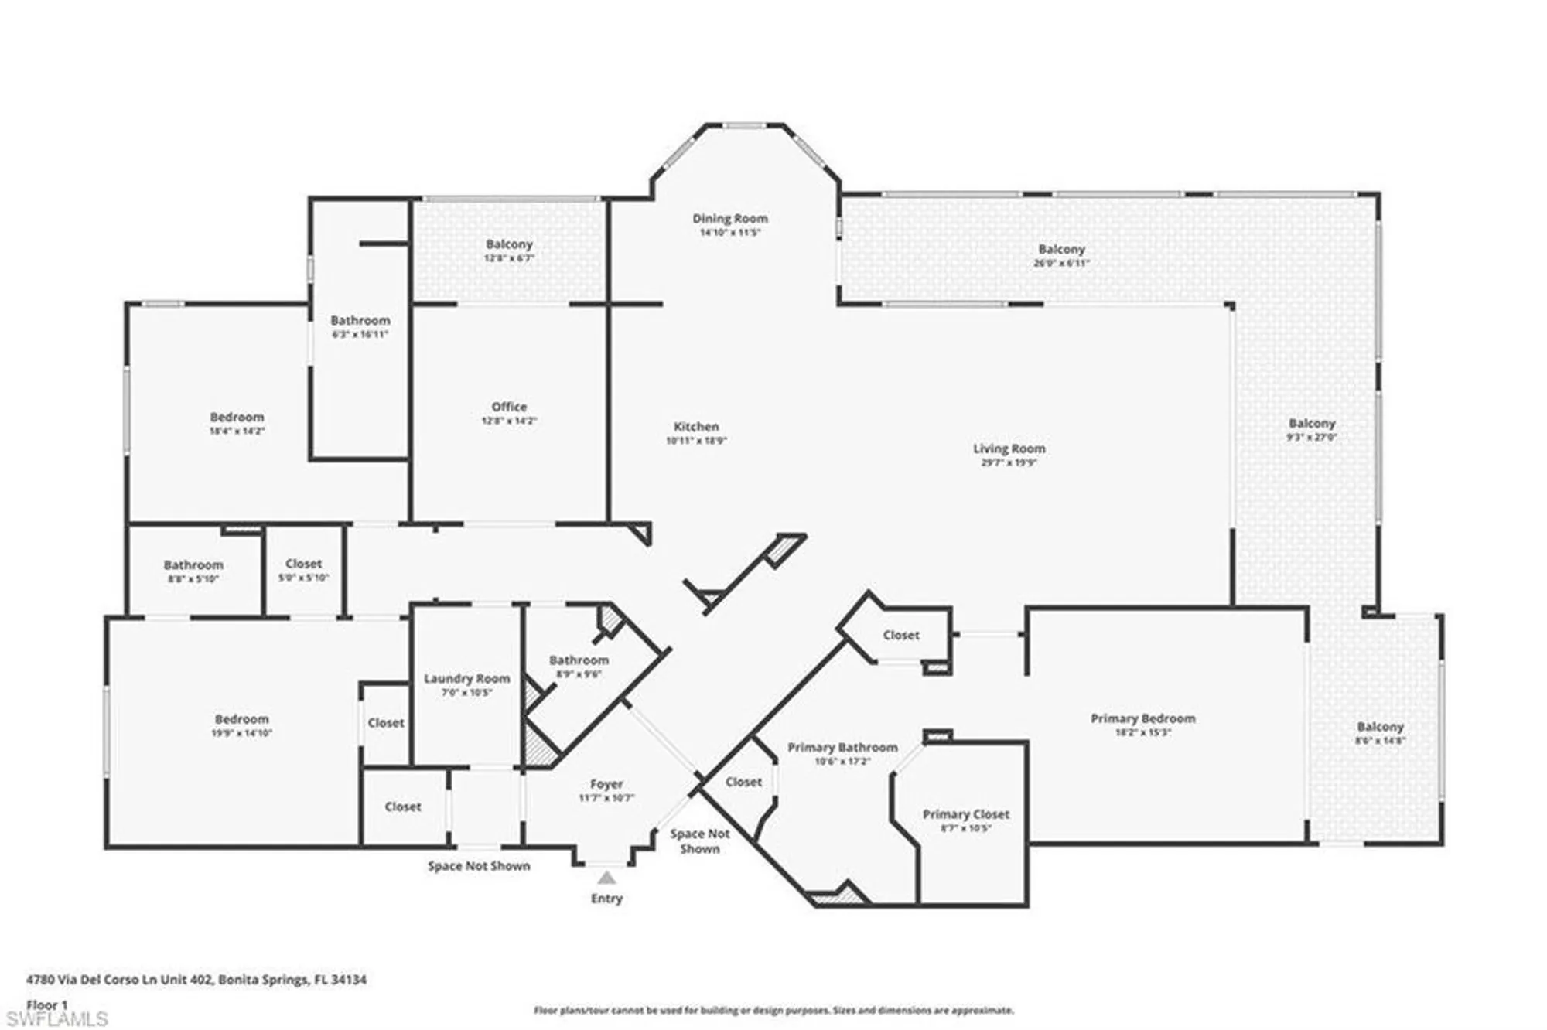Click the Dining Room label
click(729, 219)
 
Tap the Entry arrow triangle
click(606, 878)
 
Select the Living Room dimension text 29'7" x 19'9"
click(1009, 462)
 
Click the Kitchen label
click(696, 427)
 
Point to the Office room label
click(509, 407)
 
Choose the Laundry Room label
click(466, 679)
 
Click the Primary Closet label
click(965, 814)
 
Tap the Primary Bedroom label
click(1142, 718)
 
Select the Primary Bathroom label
click(842, 748)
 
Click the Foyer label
click(606, 784)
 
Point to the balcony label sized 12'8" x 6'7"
click(509, 244)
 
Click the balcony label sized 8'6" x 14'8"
click(1380, 727)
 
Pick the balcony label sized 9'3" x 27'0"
click(1312, 424)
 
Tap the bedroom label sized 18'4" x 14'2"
click(237, 418)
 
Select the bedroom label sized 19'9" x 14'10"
click(241, 719)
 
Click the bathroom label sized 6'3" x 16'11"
click(360, 321)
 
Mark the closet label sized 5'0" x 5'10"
click(303, 564)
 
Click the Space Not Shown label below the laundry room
click(479, 866)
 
